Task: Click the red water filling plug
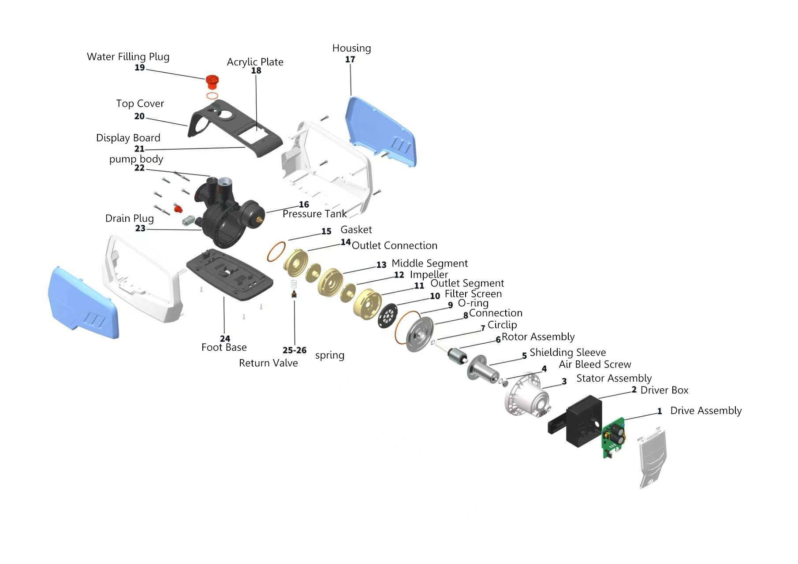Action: coord(212,82)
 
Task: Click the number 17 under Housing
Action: coord(350,59)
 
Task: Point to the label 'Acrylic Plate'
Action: coord(255,62)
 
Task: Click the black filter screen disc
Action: coord(388,315)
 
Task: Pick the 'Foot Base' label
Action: coord(224,347)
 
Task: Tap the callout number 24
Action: coord(225,338)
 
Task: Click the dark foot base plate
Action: coord(230,274)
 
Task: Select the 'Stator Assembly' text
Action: coord(614,378)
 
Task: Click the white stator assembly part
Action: coord(527,395)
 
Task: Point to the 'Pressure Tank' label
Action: coord(314,214)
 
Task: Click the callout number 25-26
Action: coord(295,350)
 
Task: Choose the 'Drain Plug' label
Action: coord(130,218)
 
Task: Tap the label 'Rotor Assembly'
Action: coord(538,337)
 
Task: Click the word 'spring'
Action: coord(330,355)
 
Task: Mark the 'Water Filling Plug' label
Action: coord(128,56)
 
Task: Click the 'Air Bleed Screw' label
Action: coord(595,364)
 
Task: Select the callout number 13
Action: coord(381,265)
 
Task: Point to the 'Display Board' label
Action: coord(128,138)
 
